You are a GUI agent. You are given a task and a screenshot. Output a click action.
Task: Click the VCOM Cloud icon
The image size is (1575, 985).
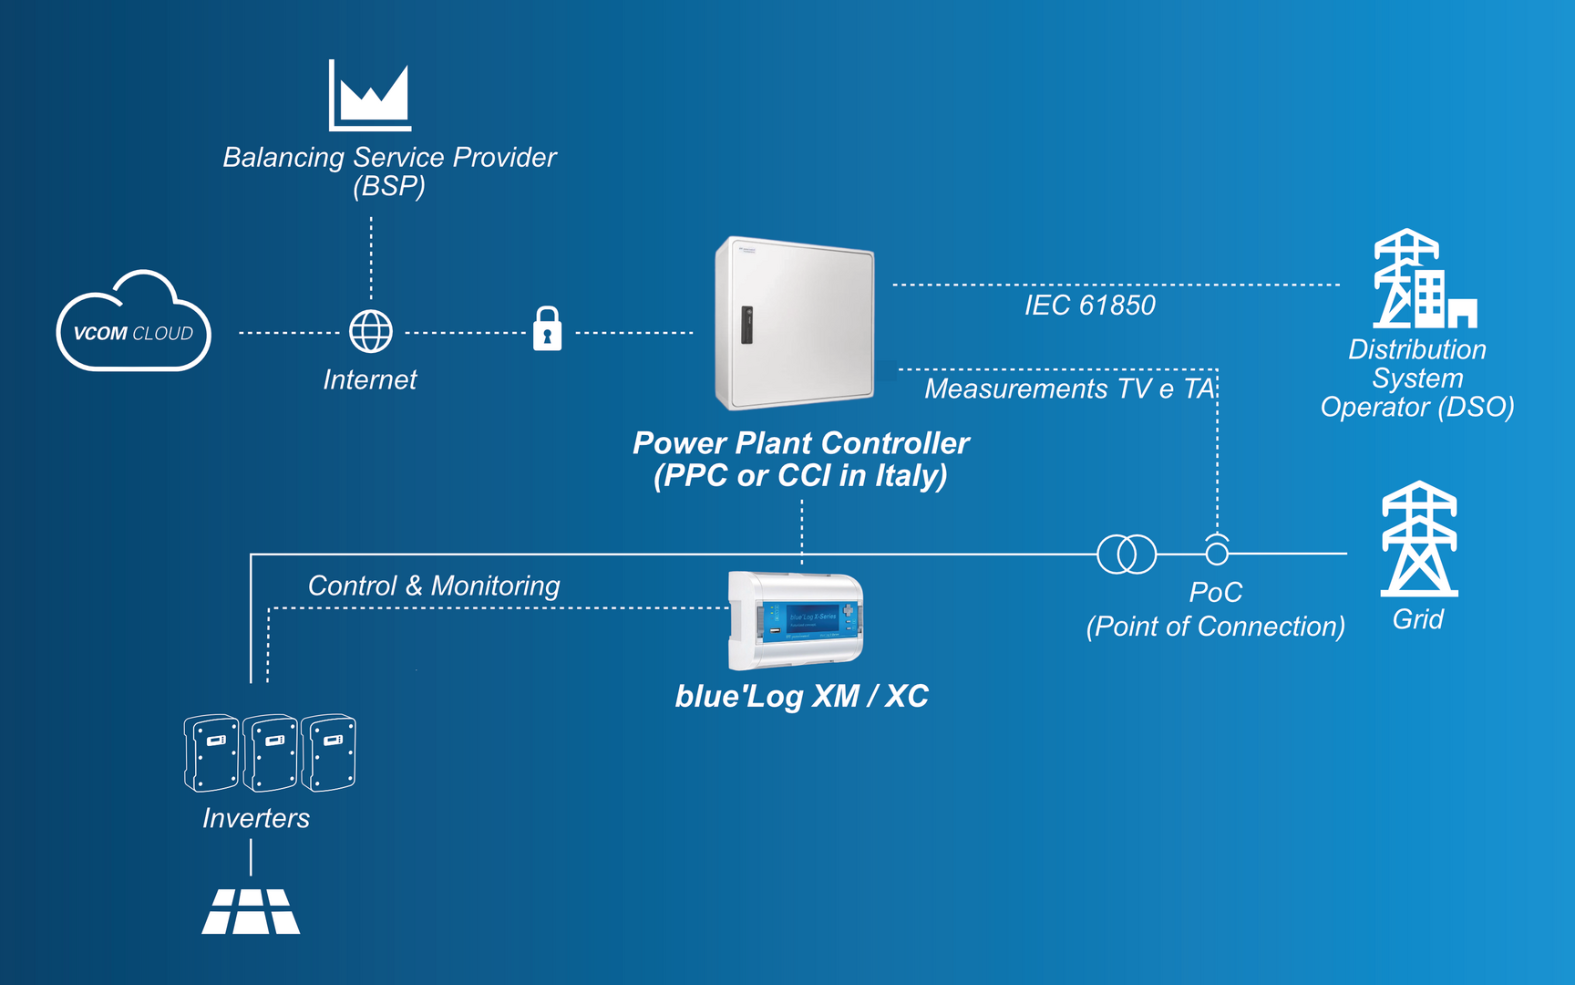(134, 324)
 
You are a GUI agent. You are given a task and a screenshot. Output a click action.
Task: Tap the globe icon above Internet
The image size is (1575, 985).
(371, 331)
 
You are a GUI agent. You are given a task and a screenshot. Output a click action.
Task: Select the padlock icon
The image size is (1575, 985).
(547, 329)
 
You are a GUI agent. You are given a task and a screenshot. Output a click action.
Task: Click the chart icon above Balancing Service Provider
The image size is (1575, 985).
(370, 95)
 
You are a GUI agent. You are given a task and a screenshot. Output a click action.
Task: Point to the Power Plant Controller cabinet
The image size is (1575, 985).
(795, 323)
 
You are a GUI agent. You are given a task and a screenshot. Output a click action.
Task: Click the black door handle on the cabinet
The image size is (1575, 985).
(746, 326)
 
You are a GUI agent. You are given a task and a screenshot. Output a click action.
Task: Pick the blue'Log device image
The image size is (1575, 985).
(796, 620)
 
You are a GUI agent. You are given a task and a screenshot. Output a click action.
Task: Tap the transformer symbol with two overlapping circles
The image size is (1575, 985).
(1127, 554)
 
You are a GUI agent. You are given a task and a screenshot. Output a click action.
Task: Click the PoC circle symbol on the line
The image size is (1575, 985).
(1217, 552)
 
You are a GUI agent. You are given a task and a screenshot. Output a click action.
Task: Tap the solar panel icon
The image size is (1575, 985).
(251, 911)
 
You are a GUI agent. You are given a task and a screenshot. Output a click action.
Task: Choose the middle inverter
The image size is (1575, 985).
(271, 752)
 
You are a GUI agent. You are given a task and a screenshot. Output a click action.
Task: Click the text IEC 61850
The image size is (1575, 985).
(1090, 306)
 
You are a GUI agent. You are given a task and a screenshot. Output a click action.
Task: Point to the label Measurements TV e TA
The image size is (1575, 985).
(1069, 389)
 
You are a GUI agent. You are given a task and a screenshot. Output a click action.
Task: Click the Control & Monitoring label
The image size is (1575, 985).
(434, 586)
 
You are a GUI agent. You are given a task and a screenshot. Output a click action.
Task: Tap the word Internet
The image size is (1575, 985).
(370, 379)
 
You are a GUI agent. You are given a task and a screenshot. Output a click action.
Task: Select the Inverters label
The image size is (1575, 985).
(256, 818)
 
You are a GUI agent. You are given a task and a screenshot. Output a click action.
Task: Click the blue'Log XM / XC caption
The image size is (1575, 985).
(802, 697)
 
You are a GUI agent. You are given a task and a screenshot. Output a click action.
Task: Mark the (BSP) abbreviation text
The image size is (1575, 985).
(389, 186)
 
